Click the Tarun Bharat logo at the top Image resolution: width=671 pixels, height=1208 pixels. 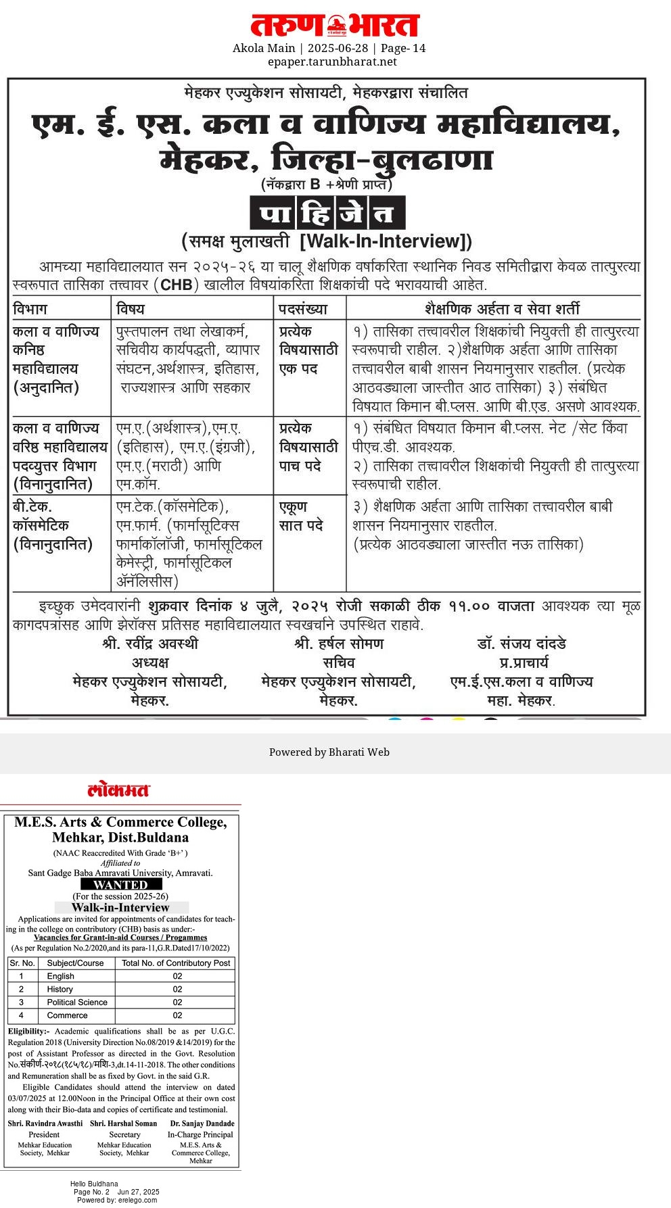click(x=335, y=26)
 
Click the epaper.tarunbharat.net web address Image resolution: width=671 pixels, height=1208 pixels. click(x=332, y=62)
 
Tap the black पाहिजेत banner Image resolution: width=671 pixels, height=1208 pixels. click(x=327, y=214)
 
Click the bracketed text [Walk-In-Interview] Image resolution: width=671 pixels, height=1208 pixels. click(x=386, y=241)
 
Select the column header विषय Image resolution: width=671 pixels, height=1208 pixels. click(x=131, y=309)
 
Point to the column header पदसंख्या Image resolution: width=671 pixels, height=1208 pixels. click(x=303, y=309)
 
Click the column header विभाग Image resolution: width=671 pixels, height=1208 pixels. click(x=30, y=309)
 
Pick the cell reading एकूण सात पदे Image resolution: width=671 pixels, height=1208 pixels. click(x=302, y=516)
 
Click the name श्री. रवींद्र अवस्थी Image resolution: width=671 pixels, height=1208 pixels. click(x=150, y=644)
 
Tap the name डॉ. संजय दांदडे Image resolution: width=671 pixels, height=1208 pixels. click(x=521, y=644)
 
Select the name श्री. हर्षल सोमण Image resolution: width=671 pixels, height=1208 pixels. click(x=339, y=644)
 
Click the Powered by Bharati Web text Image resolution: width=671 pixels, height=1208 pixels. click(x=329, y=752)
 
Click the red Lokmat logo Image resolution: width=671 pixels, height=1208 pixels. click(x=118, y=790)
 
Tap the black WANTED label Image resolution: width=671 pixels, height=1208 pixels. click(x=121, y=884)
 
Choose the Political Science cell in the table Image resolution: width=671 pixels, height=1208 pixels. click(x=77, y=1002)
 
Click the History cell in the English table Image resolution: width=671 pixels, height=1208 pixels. click(x=60, y=989)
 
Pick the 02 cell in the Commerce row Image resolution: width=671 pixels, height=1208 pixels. click(x=177, y=1015)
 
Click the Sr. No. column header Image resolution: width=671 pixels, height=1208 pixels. click(x=22, y=963)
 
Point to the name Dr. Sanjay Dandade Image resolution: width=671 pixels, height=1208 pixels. click(x=201, y=1124)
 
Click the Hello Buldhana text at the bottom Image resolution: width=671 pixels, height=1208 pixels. click(x=94, y=1184)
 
